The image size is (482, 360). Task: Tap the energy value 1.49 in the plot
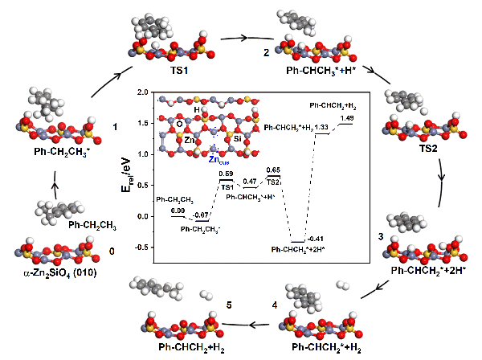click(346, 118)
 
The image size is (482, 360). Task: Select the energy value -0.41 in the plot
click(315, 238)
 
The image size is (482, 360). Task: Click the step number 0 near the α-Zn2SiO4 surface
click(112, 252)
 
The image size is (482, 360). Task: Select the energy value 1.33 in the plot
click(321, 127)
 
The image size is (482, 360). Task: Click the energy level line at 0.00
click(178, 216)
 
